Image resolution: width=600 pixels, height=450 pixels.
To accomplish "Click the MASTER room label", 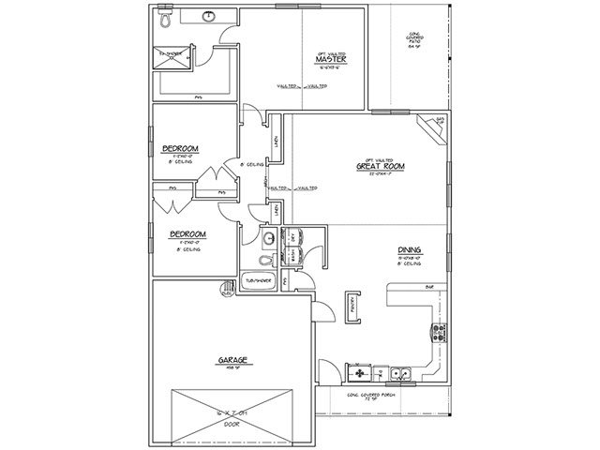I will [332, 61].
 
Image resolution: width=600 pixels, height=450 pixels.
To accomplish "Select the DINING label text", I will [409, 249].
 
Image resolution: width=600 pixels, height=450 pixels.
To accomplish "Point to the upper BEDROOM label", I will [178, 149].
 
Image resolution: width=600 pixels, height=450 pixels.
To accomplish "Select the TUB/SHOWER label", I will [259, 280].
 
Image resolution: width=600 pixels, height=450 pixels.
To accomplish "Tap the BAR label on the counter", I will [429, 286].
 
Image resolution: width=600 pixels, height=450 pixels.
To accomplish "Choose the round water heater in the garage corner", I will [226, 290].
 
